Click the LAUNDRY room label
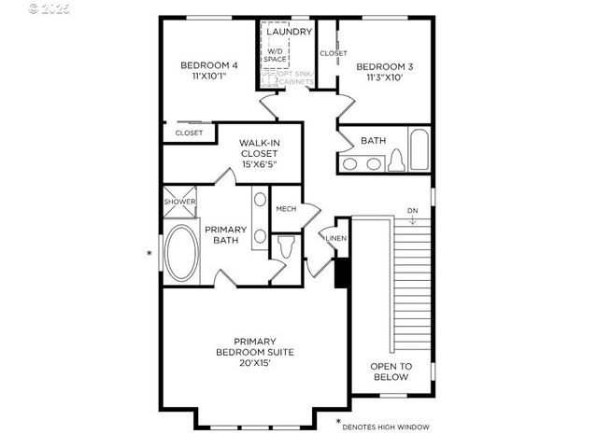coord(288,32)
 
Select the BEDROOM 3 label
coord(384,66)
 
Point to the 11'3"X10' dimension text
coord(384,78)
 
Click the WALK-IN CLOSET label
coord(259,148)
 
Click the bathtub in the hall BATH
coord(417,152)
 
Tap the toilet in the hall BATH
coord(395,162)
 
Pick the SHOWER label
coord(179,202)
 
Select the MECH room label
coord(286,209)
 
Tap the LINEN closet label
coord(335,239)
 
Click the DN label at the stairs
coord(412,212)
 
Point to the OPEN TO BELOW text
coord(391,372)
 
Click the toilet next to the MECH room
coord(287,247)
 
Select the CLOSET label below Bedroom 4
coord(188,133)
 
